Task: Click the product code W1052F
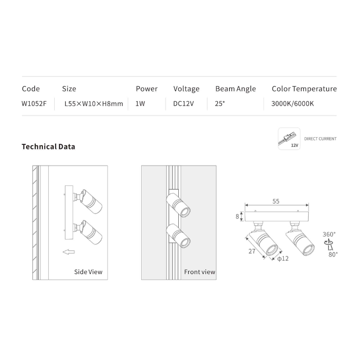click(x=34, y=103)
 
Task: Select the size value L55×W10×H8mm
click(x=94, y=103)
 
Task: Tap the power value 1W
click(x=140, y=103)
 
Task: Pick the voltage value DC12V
click(x=184, y=103)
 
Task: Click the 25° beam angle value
click(x=220, y=103)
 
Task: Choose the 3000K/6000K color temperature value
click(x=292, y=103)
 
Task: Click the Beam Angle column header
click(x=236, y=89)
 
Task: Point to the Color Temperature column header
click(x=304, y=89)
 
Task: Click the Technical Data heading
click(x=48, y=147)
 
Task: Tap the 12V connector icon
click(x=289, y=139)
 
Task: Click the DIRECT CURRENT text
click(x=320, y=139)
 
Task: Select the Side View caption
click(x=88, y=272)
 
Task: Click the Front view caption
click(x=199, y=272)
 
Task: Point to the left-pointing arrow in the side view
click(x=68, y=252)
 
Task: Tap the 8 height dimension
click(x=237, y=217)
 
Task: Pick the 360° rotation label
click(x=329, y=235)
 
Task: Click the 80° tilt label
click(x=333, y=254)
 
